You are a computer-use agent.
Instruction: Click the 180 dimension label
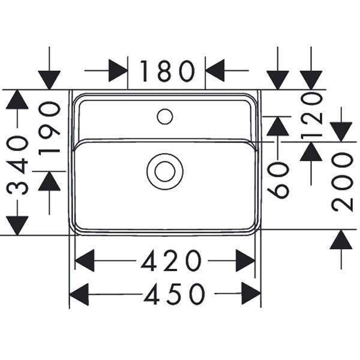[x=167, y=71]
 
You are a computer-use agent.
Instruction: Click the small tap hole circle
[x=165, y=116]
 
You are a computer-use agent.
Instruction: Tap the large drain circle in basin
[x=165, y=171]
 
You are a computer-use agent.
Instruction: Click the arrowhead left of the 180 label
[x=118, y=71]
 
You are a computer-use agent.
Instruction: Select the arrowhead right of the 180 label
[x=215, y=71]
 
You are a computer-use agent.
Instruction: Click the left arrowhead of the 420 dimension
[x=85, y=261]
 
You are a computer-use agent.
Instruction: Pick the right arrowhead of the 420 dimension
[x=245, y=261]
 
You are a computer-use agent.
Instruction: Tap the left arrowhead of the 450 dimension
[x=79, y=294]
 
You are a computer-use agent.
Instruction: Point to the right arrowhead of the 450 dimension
[x=251, y=294]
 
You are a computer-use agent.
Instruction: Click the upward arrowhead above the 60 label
[x=278, y=125]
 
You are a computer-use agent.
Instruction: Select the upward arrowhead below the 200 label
[x=341, y=240]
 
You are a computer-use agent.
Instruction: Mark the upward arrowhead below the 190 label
[x=49, y=181]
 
